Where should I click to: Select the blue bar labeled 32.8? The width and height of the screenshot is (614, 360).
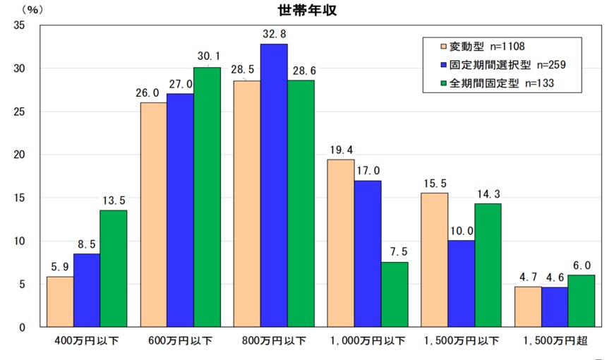click(274, 185)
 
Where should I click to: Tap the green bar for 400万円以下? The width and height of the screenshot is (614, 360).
click(114, 268)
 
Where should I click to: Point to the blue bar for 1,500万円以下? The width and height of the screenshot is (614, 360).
click(461, 284)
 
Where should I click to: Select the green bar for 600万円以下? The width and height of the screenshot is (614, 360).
click(207, 197)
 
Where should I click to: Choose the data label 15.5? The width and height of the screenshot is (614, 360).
click(434, 184)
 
